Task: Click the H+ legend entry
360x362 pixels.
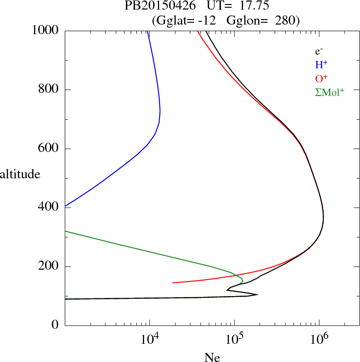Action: coord(321,65)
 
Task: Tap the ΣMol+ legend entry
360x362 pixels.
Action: coord(330,92)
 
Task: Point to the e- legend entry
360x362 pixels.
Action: coord(319,52)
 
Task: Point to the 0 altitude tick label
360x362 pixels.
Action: coord(56,325)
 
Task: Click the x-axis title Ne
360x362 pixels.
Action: coord(212,357)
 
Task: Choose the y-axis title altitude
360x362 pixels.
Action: coord(20,174)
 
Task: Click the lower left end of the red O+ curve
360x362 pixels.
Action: coord(173,282)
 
